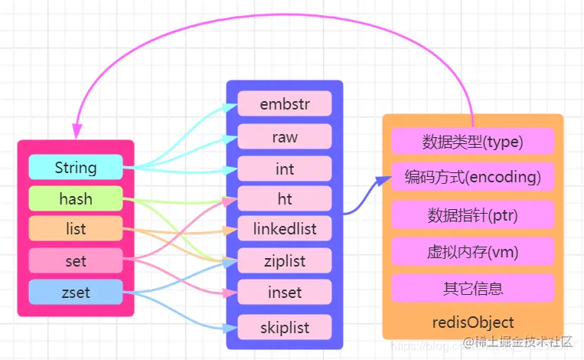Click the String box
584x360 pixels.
75,167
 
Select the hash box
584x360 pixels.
75,199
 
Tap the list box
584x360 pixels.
75,229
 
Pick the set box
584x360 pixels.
75,260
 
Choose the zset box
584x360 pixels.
75,292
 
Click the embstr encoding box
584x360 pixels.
284,103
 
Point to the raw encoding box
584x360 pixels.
284,136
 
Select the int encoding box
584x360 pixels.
284,169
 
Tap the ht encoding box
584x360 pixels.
284,198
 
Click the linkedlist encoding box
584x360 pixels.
284,228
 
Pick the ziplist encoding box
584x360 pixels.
284,261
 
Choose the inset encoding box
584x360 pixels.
284,292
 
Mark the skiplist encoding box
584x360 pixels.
284,327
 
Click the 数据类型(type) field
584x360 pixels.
472,142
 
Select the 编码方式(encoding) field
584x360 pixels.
472,178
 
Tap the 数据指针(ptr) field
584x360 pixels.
472,215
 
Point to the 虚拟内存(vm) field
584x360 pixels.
472,251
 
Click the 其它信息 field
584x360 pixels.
472,288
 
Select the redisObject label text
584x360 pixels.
472,322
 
